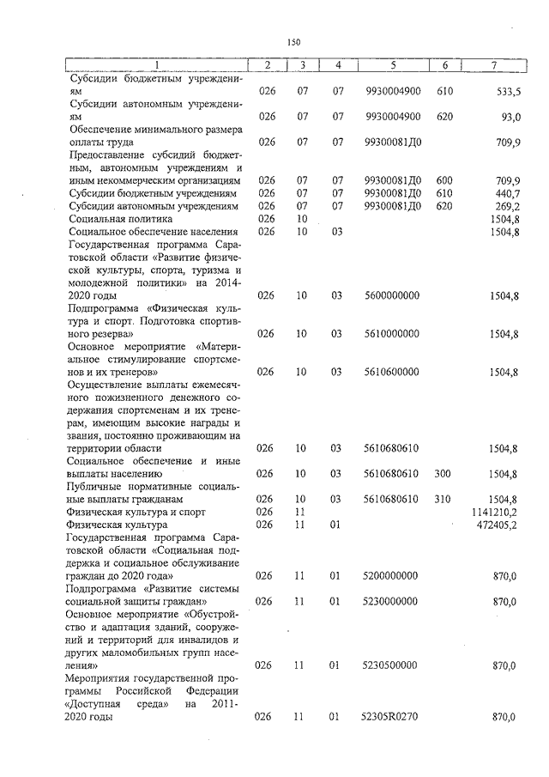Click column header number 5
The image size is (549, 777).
pyautogui.click(x=392, y=65)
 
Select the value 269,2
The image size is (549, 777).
pyautogui.click(x=505, y=206)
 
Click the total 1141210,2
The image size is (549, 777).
pyautogui.click(x=493, y=512)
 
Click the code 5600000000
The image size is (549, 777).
pyautogui.click(x=392, y=295)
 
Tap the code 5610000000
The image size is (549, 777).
pyautogui.click(x=392, y=333)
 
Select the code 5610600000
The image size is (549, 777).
pyautogui.click(x=392, y=372)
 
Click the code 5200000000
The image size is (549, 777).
pyautogui.click(x=392, y=575)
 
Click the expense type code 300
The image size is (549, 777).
pyautogui.click(x=443, y=473)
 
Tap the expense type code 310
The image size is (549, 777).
pyautogui.click(x=443, y=499)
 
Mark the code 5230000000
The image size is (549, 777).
pyautogui.click(x=392, y=602)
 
